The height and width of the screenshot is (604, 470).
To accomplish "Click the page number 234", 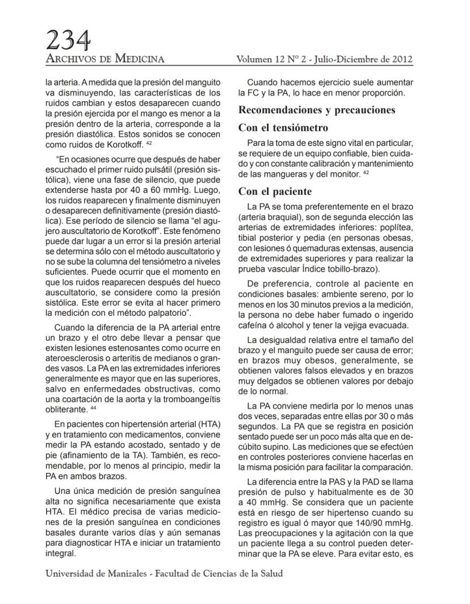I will pyautogui.click(x=68, y=40).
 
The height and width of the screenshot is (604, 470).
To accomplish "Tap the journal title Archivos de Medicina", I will pyautogui.click(x=105, y=59).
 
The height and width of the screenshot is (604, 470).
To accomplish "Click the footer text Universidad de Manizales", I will pyautogui.click(x=95, y=573).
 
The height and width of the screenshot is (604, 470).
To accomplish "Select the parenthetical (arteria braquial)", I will pyautogui.click(x=271, y=216).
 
